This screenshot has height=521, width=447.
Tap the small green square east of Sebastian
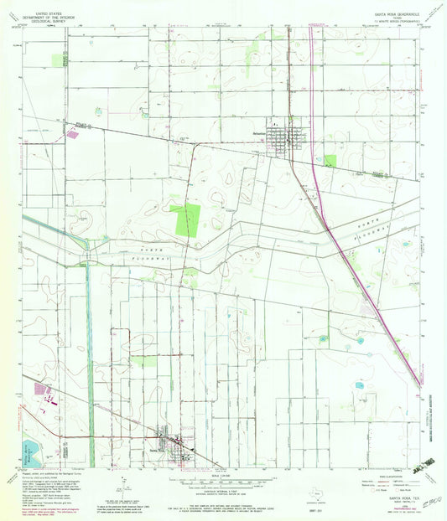330,160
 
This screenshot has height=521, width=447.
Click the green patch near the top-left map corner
59,59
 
